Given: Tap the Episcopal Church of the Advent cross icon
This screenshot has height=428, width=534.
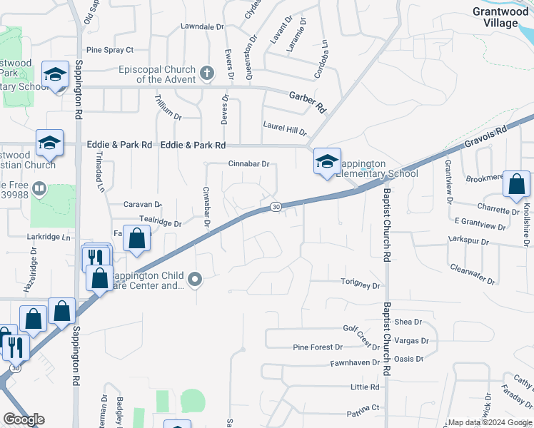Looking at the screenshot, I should pos(206,73).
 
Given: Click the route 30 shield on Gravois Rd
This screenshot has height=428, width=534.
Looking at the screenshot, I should pos(276,207).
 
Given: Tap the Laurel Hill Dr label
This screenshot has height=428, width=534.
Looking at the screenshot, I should pos(284,128).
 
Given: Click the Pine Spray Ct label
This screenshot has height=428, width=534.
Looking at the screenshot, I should pos(110,50).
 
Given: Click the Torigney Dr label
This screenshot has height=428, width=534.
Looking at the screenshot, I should pos(361,285).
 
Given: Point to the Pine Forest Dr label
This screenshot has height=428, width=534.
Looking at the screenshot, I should pos(318,347).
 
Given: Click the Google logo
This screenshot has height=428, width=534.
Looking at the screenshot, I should pos(24,419).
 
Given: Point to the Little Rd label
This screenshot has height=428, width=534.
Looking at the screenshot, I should pos(364,387).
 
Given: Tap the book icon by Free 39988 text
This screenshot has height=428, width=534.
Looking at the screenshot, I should pos(39,189).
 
